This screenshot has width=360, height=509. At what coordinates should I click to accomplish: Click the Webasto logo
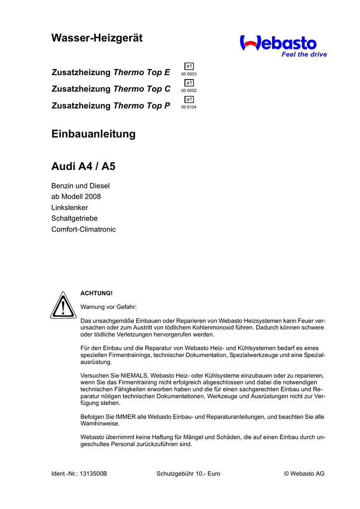(278, 43)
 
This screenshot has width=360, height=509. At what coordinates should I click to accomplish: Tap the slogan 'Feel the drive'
(304, 55)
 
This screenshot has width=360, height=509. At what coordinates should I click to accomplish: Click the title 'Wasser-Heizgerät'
(97, 38)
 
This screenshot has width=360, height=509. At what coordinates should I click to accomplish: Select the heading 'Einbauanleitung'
(93, 134)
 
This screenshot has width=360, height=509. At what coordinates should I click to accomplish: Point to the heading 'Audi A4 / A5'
(84, 166)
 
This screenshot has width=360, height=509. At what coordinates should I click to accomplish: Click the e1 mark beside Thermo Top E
(189, 66)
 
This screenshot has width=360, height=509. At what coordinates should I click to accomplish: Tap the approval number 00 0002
(189, 90)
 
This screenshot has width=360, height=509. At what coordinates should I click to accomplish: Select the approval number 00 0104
(189, 107)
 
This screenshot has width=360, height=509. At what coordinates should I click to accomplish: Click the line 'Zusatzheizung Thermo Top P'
(111, 105)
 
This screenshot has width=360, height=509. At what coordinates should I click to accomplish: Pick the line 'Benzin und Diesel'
(81, 186)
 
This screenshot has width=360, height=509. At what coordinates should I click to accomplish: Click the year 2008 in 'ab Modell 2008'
(92, 197)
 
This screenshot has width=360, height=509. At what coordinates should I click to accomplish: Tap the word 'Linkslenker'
(70, 208)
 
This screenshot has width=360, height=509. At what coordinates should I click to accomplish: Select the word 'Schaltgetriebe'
(75, 219)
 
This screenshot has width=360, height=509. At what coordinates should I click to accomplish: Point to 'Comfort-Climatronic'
(84, 230)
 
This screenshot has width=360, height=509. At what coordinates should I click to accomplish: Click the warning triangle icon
(63, 305)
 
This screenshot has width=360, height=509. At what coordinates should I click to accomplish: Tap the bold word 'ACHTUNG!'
(93, 293)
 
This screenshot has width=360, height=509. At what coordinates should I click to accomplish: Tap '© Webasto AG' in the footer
(304, 474)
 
